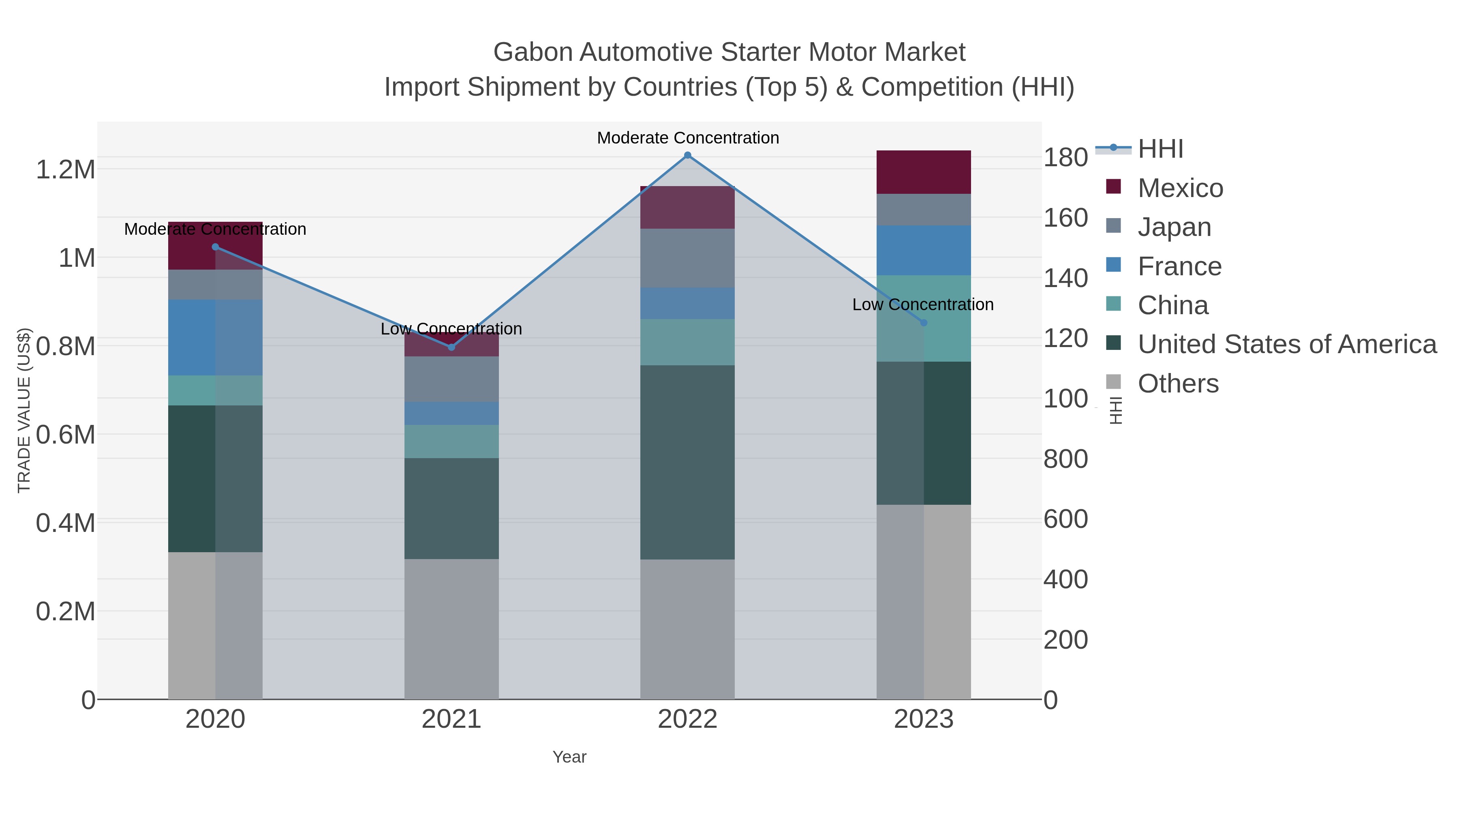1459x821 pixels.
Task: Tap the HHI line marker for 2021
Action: (x=451, y=347)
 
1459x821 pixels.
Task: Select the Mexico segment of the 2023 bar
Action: (x=923, y=172)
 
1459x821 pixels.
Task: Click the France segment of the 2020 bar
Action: (x=215, y=337)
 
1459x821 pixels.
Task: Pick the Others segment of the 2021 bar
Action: (x=451, y=629)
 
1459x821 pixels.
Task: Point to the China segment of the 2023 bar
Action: (x=923, y=318)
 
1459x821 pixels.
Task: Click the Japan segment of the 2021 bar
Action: (x=451, y=379)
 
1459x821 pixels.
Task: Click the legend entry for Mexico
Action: (x=1180, y=188)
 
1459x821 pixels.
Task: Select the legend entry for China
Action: (x=1172, y=305)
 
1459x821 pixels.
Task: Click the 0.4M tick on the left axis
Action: (x=65, y=523)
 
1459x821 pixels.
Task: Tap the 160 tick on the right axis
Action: (x=1065, y=218)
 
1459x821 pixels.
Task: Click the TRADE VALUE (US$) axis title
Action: (x=24, y=410)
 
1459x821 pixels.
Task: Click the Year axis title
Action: (x=569, y=757)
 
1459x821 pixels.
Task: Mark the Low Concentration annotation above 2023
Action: (x=923, y=305)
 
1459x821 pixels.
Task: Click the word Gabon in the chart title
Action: (x=533, y=52)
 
